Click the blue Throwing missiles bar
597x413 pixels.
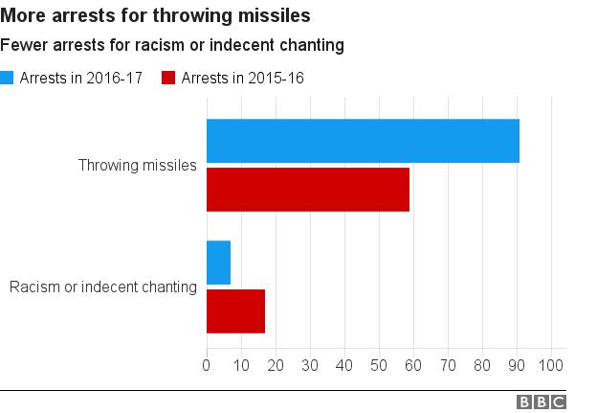pyautogui.click(x=363, y=141)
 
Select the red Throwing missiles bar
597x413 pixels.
pyautogui.click(x=308, y=189)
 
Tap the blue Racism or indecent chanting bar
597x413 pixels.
pyautogui.click(x=218, y=263)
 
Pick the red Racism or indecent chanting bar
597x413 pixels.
pyautogui.click(x=235, y=310)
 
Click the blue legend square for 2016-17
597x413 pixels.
pyautogui.click(x=8, y=79)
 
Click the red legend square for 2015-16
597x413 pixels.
pyautogui.click(x=169, y=79)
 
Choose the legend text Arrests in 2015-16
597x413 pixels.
pyautogui.click(x=243, y=79)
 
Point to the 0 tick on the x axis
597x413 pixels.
pyautogui.click(x=207, y=365)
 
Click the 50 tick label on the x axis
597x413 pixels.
pyautogui.click(x=379, y=365)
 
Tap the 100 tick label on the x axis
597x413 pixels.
pyautogui.click(x=551, y=365)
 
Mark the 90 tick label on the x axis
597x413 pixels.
pyautogui.click(x=517, y=365)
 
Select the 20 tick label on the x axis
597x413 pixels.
pyautogui.click(x=276, y=365)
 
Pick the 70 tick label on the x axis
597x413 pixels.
pyautogui.click(x=448, y=365)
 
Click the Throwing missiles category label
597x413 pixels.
pyautogui.click(x=138, y=165)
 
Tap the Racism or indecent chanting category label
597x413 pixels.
pyautogui.click(x=102, y=287)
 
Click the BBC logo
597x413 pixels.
pyautogui.click(x=542, y=402)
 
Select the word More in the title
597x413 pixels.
pyautogui.click(x=21, y=16)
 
